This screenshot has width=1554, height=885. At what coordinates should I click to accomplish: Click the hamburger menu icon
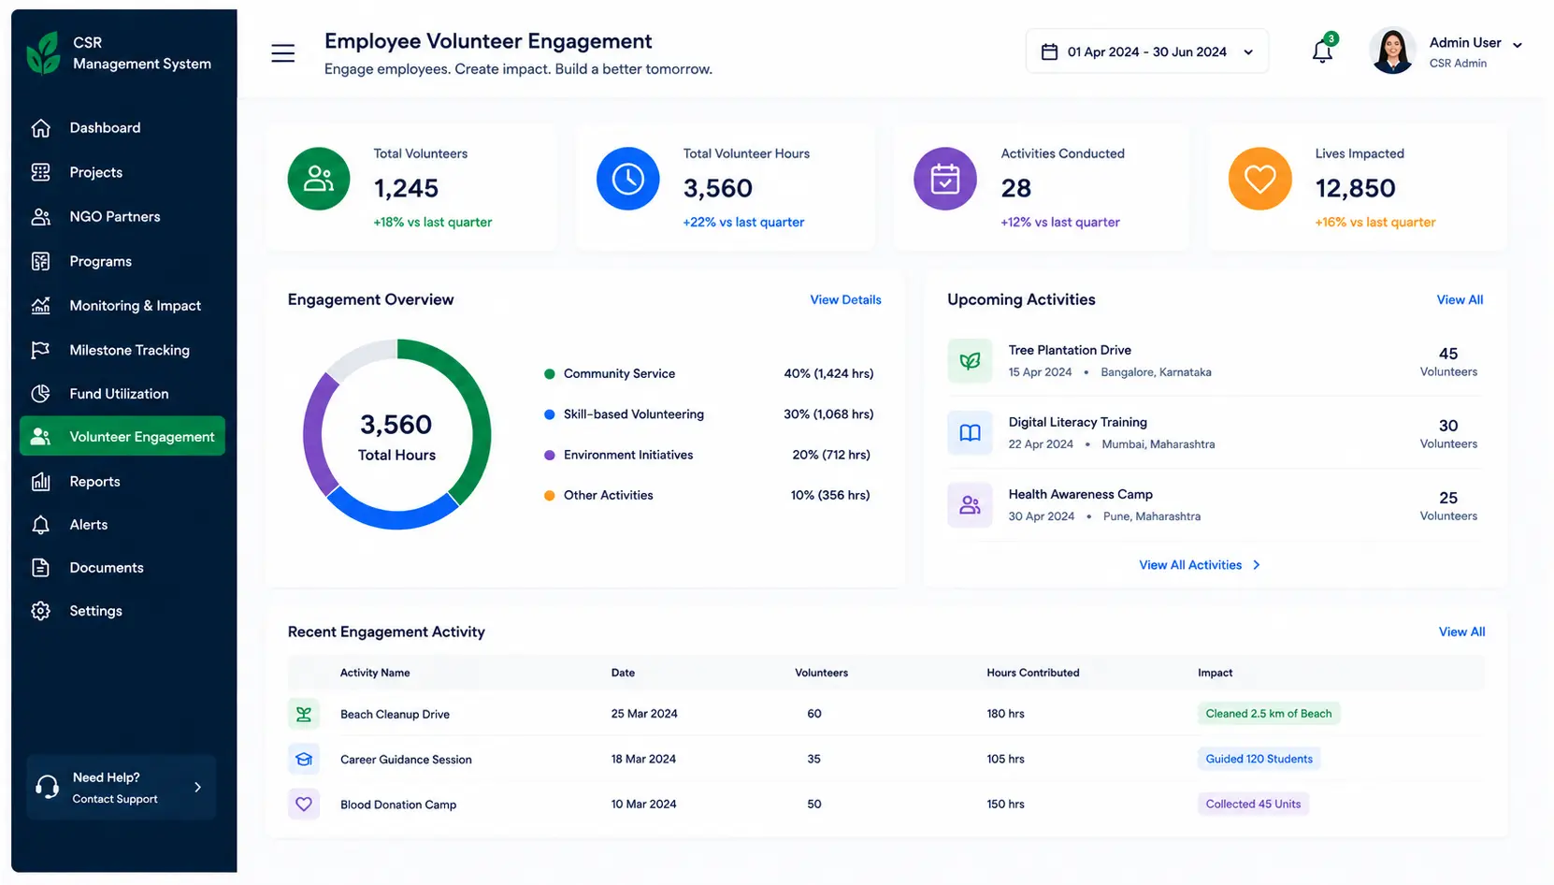click(282, 52)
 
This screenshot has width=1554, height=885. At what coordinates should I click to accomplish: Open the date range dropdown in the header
click(1146, 51)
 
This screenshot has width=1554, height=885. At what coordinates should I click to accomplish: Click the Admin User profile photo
click(1391, 51)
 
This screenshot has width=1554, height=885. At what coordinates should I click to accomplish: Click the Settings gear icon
click(40, 611)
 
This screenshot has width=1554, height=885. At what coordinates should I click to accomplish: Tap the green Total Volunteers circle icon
click(319, 179)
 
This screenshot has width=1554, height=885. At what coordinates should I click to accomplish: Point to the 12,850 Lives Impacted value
click(1355, 188)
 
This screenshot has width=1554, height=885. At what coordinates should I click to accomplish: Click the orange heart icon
click(1259, 179)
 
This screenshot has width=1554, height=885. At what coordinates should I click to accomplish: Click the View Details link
click(845, 300)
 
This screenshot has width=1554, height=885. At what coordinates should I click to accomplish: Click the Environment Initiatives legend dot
click(550, 456)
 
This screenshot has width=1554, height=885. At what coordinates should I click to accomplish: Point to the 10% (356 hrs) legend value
click(829, 496)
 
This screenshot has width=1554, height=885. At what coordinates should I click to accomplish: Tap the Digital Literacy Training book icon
click(970, 432)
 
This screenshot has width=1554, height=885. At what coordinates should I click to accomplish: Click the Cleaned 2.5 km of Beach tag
click(1268, 714)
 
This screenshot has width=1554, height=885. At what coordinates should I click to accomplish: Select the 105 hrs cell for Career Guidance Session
click(1005, 760)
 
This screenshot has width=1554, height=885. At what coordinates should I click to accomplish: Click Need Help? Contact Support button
click(122, 788)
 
